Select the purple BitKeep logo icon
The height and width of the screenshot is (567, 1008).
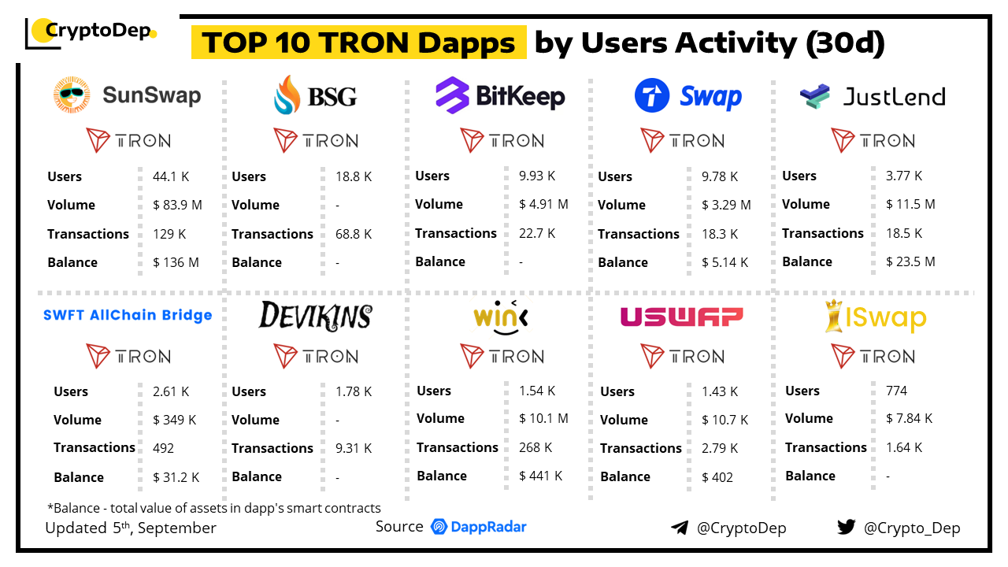click(x=453, y=96)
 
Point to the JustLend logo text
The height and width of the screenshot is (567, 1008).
click(x=894, y=97)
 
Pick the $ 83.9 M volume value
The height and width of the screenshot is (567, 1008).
click(x=177, y=205)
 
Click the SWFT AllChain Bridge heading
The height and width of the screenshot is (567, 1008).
click(x=128, y=315)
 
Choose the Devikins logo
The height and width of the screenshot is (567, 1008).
click(x=315, y=316)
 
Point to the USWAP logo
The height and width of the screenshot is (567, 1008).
click(x=682, y=317)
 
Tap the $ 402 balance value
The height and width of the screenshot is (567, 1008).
click(x=717, y=476)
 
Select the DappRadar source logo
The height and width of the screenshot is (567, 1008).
click(x=479, y=527)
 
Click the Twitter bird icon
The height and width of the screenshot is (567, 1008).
click(x=847, y=527)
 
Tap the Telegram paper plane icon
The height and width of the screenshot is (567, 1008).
click(x=680, y=528)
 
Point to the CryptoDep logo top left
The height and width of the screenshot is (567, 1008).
click(x=91, y=32)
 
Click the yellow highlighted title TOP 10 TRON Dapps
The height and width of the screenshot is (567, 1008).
click(x=358, y=43)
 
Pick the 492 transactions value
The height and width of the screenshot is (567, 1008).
click(x=163, y=448)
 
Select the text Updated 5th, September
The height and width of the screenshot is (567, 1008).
click(x=131, y=528)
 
